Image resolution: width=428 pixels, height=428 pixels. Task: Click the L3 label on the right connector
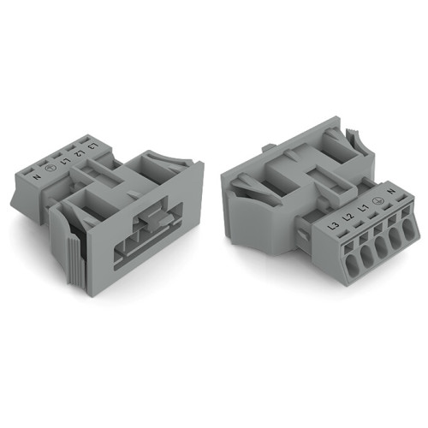(331, 226)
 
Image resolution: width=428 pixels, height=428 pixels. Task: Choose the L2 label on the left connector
(80, 150)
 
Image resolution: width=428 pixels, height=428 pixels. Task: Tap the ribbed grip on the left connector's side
(68, 257)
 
